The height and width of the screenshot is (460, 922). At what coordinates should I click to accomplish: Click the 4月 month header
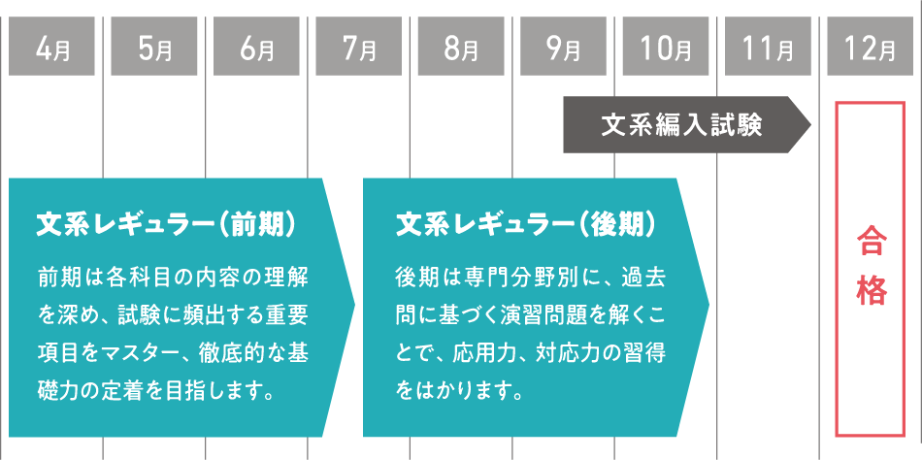[51, 47]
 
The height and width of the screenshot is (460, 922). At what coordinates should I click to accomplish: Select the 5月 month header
[153, 47]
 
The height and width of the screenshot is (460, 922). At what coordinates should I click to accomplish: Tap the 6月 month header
[256, 47]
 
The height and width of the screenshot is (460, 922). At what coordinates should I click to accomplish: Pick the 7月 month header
[358, 47]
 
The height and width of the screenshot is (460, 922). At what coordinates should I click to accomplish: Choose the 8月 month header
[461, 47]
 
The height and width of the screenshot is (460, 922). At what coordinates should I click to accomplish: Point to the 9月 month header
[563, 47]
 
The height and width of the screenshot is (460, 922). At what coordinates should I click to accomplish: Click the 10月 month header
[666, 47]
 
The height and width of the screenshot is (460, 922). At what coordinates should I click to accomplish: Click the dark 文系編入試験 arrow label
[679, 125]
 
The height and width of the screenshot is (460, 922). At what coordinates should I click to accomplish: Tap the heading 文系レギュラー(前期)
[166, 225]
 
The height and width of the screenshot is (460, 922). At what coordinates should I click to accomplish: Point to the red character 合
[872, 242]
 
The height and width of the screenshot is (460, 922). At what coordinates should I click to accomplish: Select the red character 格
[872, 290]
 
